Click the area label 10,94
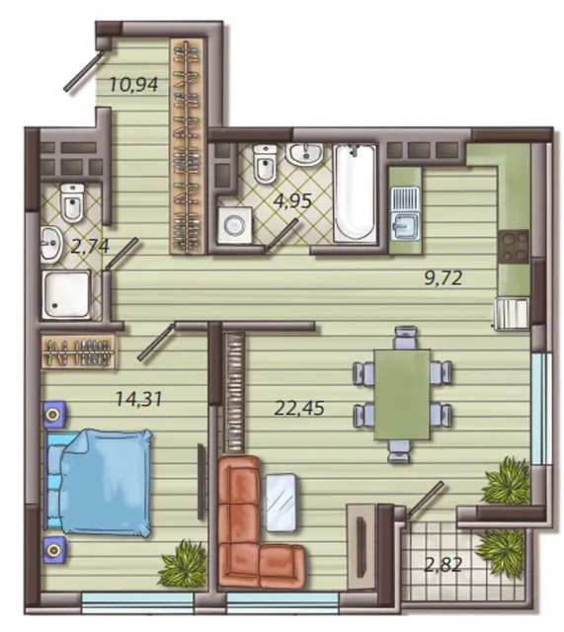pyautogui.click(x=133, y=85)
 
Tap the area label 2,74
pyautogui.click(x=90, y=246)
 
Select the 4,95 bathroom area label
pyautogui.click(x=292, y=200)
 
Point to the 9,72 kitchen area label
pyautogui.click(x=443, y=278)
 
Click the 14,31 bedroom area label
pyautogui.click(x=138, y=399)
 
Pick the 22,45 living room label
pyautogui.click(x=299, y=408)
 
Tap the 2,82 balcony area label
pyautogui.click(x=443, y=565)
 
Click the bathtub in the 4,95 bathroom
pyautogui.click(x=355, y=193)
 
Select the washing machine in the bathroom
pyautogui.click(x=235, y=225)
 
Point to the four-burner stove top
pyautogui.click(x=514, y=247)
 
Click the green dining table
pyautogui.click(x=402, y=394)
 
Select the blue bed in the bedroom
pyautogui.click(x=99, y=483)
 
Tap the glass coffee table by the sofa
pyautogui.click(x=281, y=503)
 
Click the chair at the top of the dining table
pyautogui.click(x=405, y=337)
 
